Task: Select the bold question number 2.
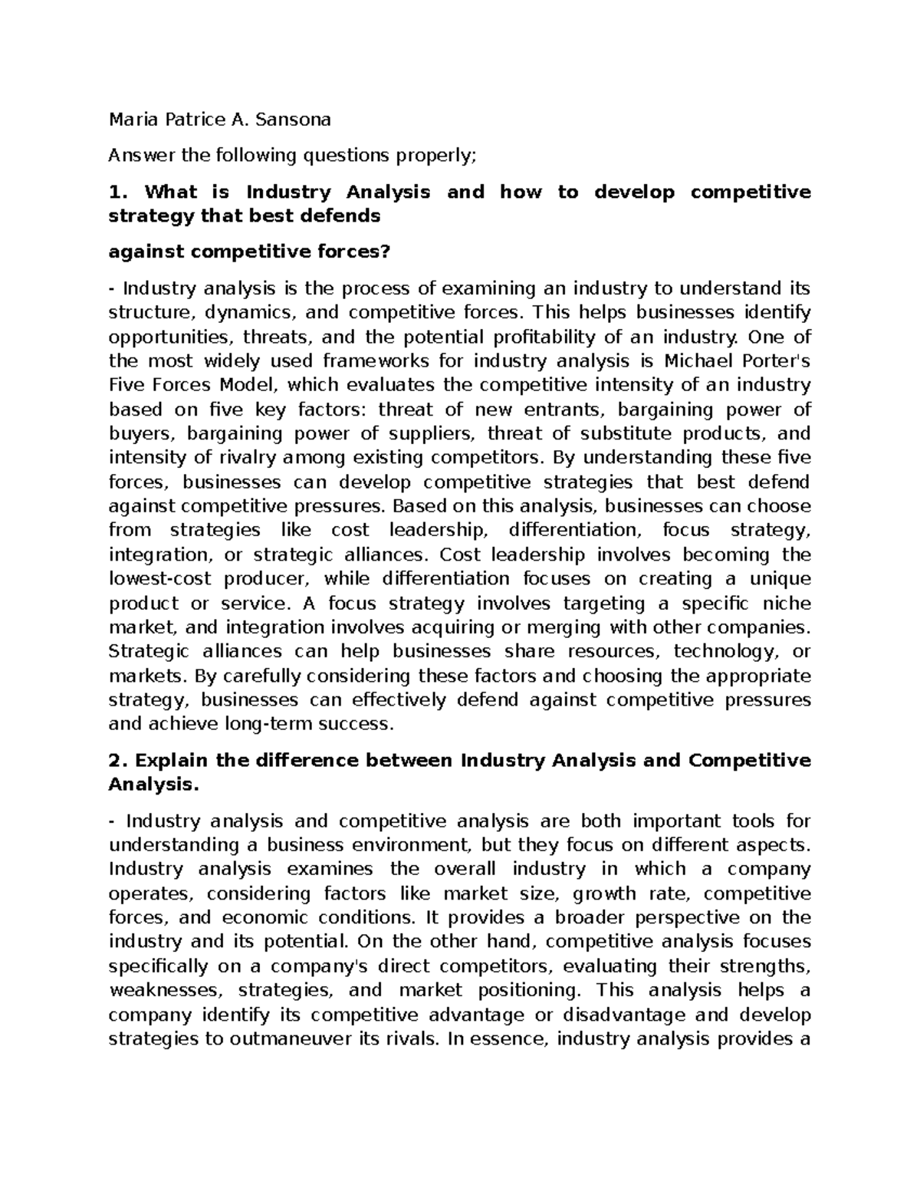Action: coord(117,761)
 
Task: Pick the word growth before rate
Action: coord(605,893)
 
